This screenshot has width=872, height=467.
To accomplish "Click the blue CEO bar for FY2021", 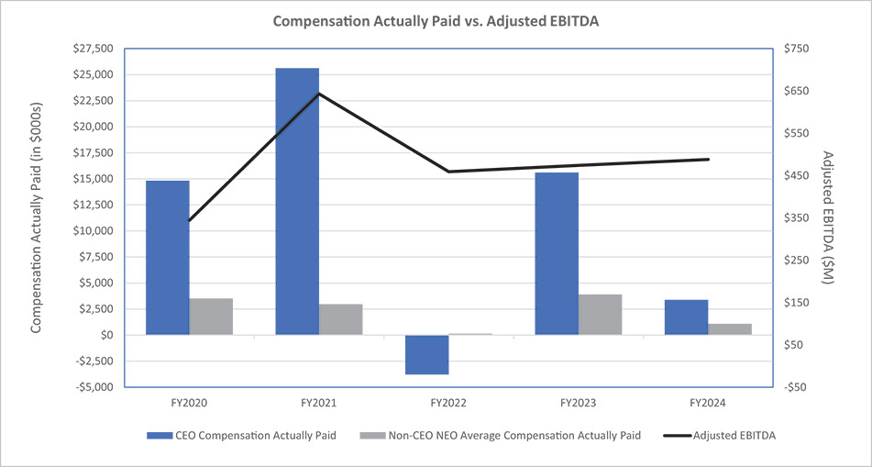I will coord(297,202).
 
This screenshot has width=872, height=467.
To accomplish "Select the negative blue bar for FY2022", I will coord(426,354).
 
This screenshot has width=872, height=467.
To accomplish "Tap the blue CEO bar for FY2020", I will coord(168,258).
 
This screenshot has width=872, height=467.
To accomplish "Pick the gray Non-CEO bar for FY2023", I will coord(600,315).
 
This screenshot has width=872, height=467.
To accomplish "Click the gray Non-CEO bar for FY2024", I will coord(730,329).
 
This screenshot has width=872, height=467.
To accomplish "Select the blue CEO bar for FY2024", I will coord(687,317).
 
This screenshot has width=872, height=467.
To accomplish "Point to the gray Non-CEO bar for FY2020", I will coord(211,317).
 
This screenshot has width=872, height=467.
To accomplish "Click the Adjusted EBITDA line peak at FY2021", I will coord(319,94).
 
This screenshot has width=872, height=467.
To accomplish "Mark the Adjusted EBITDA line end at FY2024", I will coord(708,160).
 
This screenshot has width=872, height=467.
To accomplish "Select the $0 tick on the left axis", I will coord(106,336).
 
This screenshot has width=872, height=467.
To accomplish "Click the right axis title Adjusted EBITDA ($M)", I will coord(827,217).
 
